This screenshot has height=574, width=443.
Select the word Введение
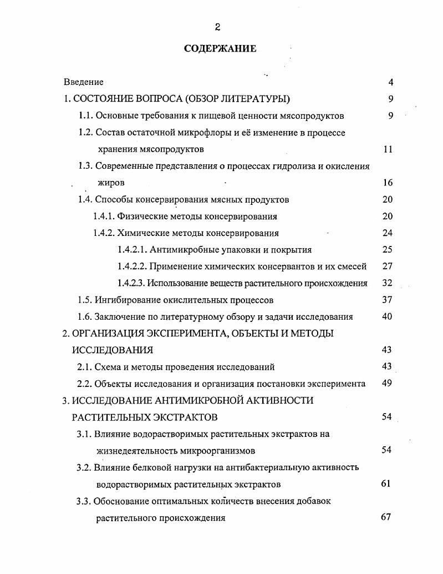coord(83,82)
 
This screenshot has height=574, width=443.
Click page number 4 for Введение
coord(390,82)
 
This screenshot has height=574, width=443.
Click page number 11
coord(388,149)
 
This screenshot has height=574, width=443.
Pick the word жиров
coord(110,183)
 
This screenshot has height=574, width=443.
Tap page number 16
coord(388,183)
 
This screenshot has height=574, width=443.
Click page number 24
coord(388,233)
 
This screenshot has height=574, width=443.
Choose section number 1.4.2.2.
coord(133,266)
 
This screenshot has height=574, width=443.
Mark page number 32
coord(388,283)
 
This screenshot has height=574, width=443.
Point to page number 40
coord(388,317)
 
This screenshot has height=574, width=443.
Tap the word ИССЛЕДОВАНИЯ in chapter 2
coord(112,350)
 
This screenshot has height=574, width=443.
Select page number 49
coord(388,384)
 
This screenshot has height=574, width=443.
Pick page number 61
coord(386,484)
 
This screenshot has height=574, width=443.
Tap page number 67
coord(386,517)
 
